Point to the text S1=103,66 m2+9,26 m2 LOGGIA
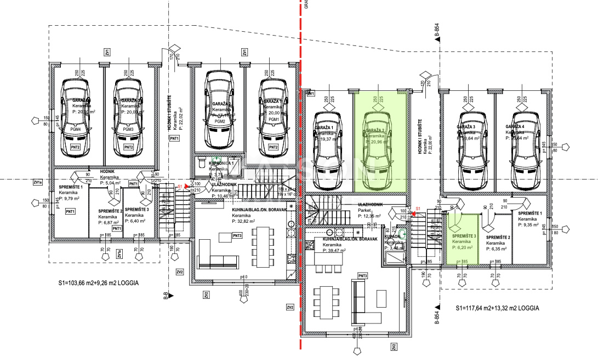tap(98, 284)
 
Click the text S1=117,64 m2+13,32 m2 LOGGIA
tap(497, 309)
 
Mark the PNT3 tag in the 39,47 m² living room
tap(362, 275)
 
